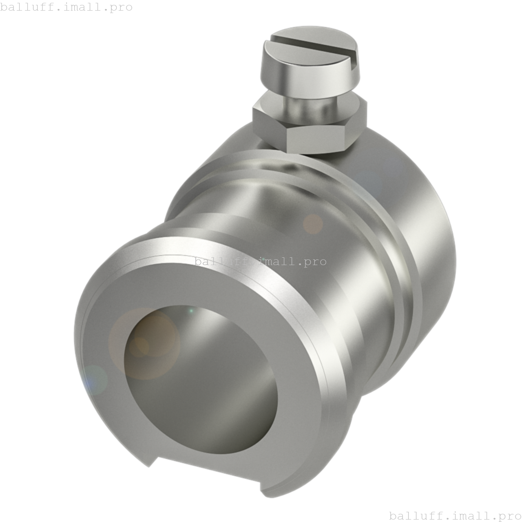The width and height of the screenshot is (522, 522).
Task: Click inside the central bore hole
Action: (204, 379)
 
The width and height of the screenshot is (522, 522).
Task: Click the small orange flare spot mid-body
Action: (313, 224)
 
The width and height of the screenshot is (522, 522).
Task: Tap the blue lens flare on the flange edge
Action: (94, 379)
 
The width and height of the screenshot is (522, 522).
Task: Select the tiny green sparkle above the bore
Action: (191, 311)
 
